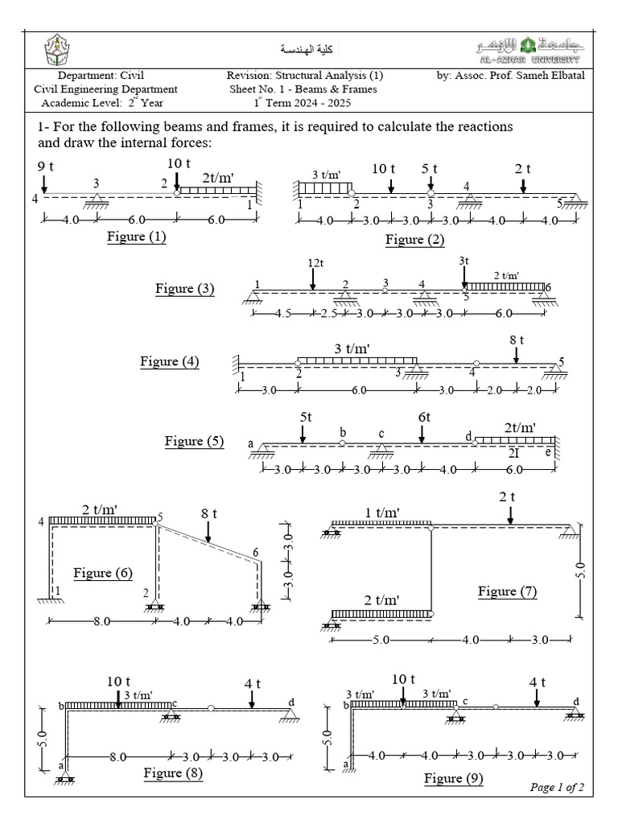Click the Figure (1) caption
136,237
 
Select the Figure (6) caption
103,573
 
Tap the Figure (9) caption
454,778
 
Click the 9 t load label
46,167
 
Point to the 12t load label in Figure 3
315,262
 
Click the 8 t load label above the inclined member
210,512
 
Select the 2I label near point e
513,453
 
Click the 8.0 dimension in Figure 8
118,757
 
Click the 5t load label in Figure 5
305,418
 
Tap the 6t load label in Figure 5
424,418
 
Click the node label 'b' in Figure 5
343,432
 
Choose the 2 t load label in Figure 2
523,168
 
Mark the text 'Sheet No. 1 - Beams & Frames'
303,89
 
